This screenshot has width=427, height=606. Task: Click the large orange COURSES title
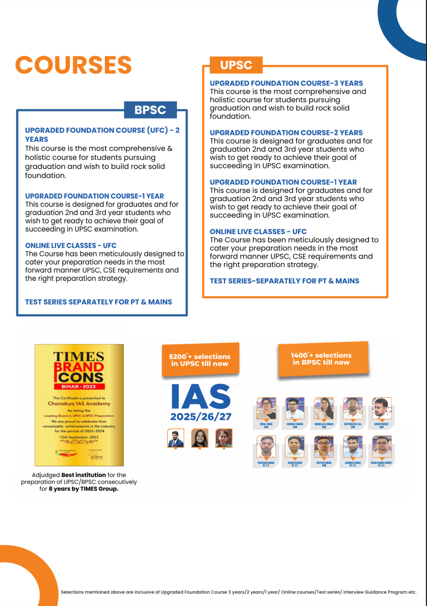(x=73, y=65)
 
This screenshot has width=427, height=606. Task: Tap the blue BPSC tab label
(x=150, y=110)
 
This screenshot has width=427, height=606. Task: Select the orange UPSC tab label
(x=236, y=65)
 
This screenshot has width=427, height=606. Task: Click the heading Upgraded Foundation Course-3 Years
(x=286, y=83)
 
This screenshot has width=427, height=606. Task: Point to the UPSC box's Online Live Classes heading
(x=258, y=232)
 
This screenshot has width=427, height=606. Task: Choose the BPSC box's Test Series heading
(x=98, y=302)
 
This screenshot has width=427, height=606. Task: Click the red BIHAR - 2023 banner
(x=79, y=386)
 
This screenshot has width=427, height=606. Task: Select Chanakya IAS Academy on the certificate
(x=79, y=403)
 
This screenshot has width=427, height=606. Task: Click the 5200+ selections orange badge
(x=200, y=360)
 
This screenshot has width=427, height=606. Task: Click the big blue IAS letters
(x=201, y=396)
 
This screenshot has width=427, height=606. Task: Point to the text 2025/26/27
(x=201, y=417)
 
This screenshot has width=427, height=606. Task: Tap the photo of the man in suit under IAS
(x=175, y=438)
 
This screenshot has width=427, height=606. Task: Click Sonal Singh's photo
(x=266, y=408)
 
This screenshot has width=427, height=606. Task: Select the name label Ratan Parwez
(x=381, y=425)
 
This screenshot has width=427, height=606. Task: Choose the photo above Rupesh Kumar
(x=324, y=446)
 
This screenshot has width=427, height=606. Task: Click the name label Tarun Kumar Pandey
(x=381, y=464)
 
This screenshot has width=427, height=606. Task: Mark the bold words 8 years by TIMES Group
(x=83, y=489)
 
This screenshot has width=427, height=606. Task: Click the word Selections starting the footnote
(x=72, y=592)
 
